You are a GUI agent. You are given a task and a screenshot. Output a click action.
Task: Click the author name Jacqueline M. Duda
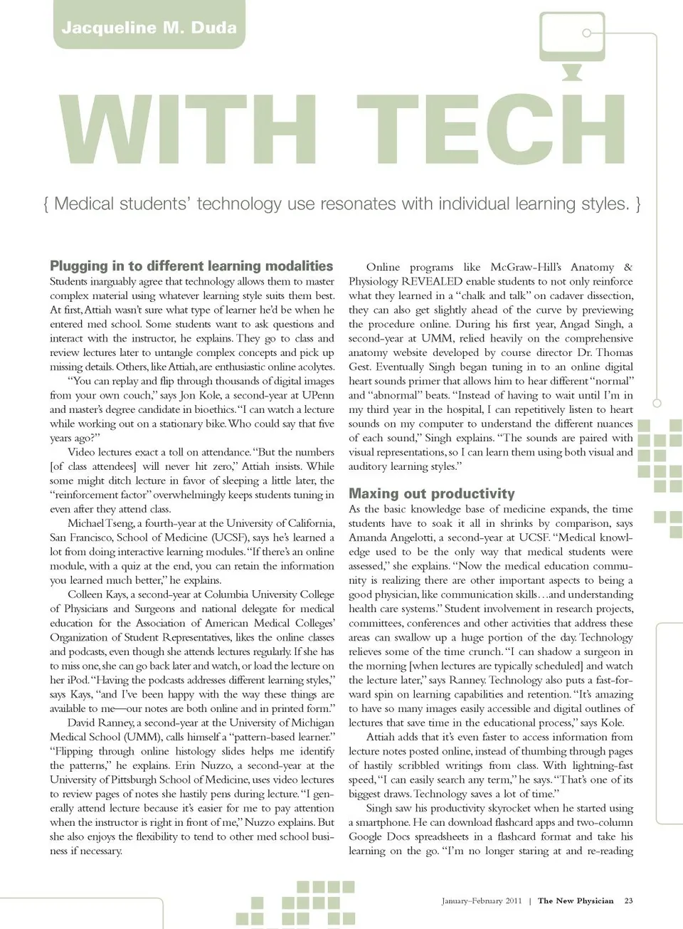click(149, 28)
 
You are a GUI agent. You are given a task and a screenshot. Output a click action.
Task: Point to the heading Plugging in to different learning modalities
click(191, 266)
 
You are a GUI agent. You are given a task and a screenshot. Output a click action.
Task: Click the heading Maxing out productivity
click(431, 494)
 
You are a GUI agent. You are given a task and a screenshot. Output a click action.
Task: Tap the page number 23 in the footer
click(628, 901)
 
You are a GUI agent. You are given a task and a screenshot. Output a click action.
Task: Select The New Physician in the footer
click(576, 901)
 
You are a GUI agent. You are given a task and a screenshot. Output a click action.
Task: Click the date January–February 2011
click(482, 901)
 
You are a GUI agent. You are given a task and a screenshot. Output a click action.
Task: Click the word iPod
click(76, 680)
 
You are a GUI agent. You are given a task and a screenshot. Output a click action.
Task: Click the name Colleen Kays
click(97, 594)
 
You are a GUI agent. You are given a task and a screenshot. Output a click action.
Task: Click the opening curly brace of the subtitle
click(46, 204)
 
